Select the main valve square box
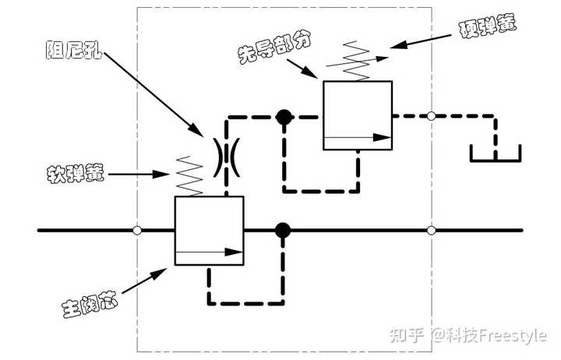tap(209, 231)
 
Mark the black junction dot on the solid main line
tap(283, 231)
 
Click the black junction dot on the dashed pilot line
tap(284, 118)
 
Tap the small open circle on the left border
tap(137, 231)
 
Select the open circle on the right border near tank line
tap(431, 116)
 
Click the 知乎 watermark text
tap(406, 335)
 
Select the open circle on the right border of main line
tap(431, 231)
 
